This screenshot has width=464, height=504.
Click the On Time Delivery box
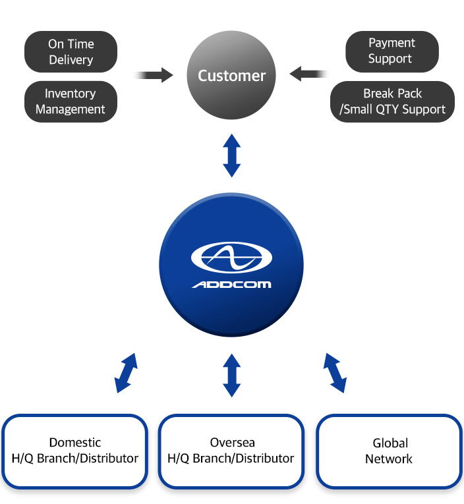(x=71, y=52)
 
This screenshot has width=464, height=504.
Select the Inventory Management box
(x=71, y=101)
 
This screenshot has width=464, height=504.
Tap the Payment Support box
(x=391, y=51)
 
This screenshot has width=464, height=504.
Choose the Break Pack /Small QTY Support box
(x=392, y=101)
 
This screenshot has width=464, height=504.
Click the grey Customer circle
(x=231, y=76)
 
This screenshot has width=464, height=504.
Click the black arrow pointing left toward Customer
(x=308, y=73)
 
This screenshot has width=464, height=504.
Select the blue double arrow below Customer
(x=231, y=155)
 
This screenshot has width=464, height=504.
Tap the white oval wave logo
(x=231, y=258)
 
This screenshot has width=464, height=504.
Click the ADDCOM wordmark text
(x=231, y=285)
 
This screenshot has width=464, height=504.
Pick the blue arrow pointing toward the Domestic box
(x=126, y=373)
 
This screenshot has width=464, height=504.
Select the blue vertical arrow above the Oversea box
(x=231, y=375)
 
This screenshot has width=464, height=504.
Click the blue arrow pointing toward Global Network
(x=335, y=373)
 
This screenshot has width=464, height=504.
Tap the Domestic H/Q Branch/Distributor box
(x=75, y=451)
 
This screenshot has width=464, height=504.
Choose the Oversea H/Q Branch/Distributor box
(x=231, y=451)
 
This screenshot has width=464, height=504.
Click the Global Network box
(x=389, y=451)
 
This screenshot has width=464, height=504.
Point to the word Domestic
(x=75, y=443)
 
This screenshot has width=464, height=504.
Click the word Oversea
(x=232, y=443)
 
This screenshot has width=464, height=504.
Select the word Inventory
(x=71, y=94)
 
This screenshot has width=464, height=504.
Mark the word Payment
(x=391, y=43)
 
